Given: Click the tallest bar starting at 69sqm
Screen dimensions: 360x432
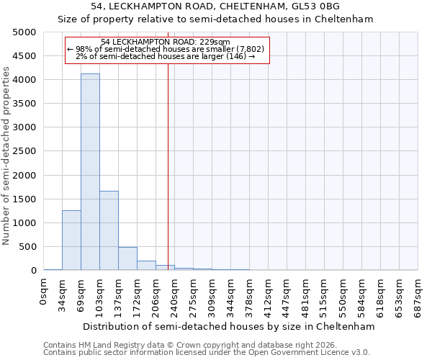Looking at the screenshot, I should click(90, 173).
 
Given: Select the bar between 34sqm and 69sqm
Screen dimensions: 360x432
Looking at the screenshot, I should click(71, 240).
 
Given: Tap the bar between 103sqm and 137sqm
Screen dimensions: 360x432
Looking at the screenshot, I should click(109, 230).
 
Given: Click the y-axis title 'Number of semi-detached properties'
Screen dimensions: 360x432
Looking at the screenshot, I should click(6, 156).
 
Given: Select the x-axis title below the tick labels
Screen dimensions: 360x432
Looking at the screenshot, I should click(229, 326).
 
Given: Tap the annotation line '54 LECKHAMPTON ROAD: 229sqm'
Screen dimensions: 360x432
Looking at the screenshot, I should click(166, 42).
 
